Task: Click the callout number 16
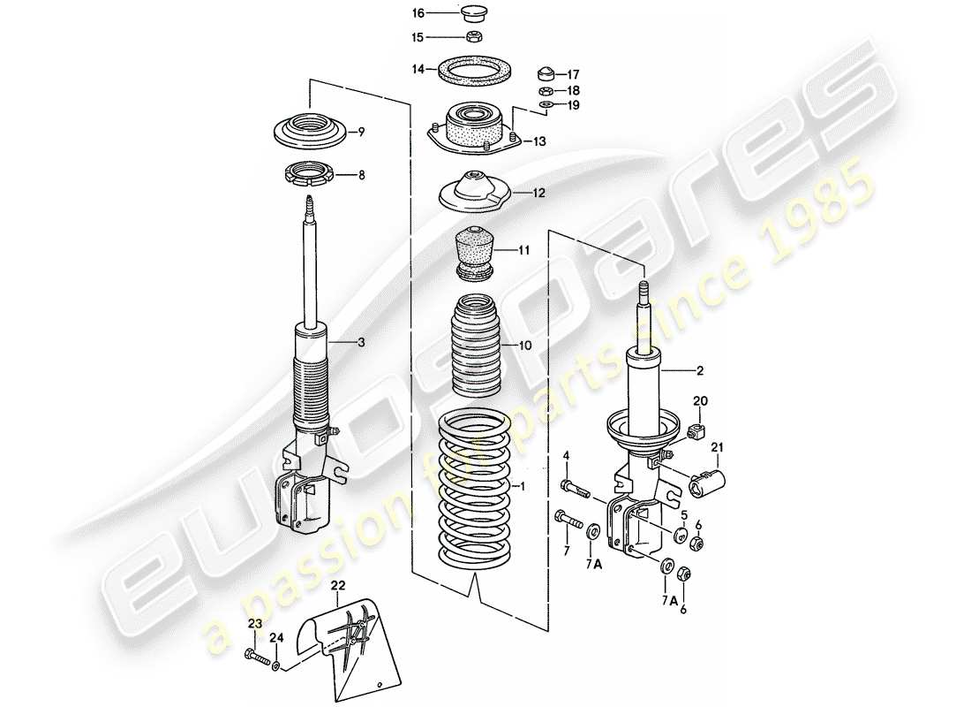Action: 418,12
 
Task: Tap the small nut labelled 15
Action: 474,37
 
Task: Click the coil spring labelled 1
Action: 475,490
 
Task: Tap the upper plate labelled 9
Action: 308,132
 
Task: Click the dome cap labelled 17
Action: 546,72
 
